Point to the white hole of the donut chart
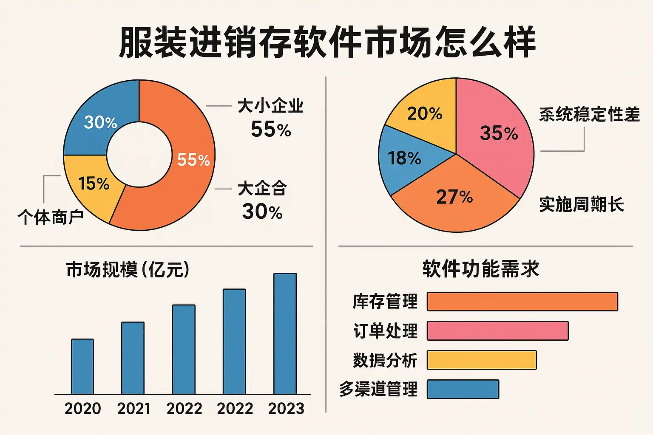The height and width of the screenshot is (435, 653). pos(139,155)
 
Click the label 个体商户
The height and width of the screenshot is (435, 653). pos(50,217)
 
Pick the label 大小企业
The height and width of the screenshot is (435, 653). pos(270,106)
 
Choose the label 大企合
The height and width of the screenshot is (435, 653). pos(262,188)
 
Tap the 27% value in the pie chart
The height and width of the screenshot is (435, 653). pos(454,197)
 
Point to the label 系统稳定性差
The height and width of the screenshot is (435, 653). pos(589,115)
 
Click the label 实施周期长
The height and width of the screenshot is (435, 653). pos(581,204)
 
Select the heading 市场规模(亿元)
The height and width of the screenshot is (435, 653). pos(128,270)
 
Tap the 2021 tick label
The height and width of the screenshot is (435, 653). pos(133,409)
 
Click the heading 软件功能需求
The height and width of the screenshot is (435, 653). pos(481,269)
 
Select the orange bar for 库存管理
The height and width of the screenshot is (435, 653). pos(522,302)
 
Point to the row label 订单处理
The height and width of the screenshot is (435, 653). pos(385,331)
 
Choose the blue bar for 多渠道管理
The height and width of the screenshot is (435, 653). pos(463,389)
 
